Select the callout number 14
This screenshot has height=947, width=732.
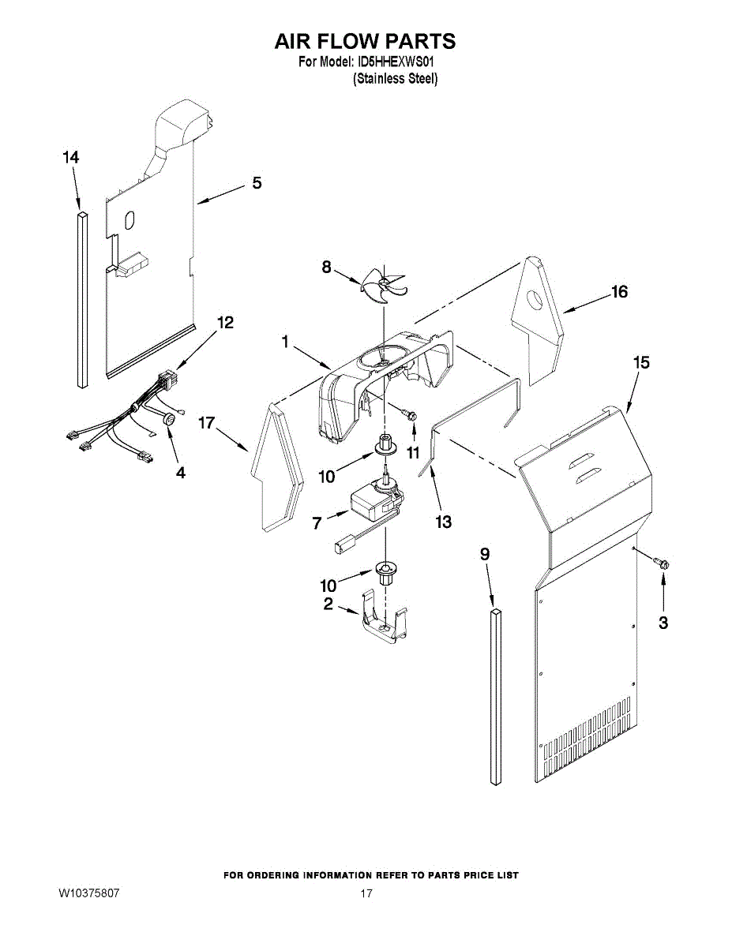71,158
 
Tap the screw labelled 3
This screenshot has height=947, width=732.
662,563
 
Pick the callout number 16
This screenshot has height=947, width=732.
619,292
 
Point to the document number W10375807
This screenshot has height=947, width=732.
88,893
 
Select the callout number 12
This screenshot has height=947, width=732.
225,322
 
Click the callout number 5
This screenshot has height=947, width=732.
257,183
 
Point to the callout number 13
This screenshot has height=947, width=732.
443,522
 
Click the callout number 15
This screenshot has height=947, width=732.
641,362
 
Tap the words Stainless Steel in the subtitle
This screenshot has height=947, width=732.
395,79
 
